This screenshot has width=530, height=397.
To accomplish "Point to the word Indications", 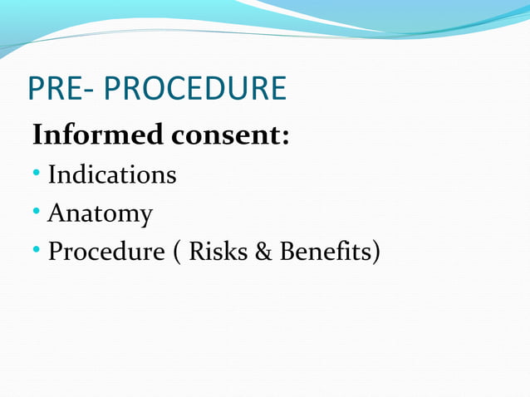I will pyautogui.click(x=112, y=175).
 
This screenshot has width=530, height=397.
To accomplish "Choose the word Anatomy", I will pyautogui.click(x=101, y=214).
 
